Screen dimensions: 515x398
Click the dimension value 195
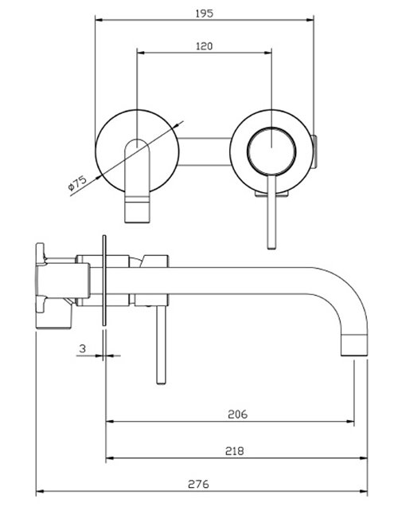click(205, 12)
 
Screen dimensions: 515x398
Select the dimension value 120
click(205, 46)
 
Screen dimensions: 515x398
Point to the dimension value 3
click(84, 348)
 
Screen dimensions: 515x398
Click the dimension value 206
click(236, 414)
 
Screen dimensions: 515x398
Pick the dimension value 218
click(234, 450)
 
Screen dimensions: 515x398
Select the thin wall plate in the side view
click(104, 279)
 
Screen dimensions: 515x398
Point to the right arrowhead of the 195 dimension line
click(314, 19)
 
